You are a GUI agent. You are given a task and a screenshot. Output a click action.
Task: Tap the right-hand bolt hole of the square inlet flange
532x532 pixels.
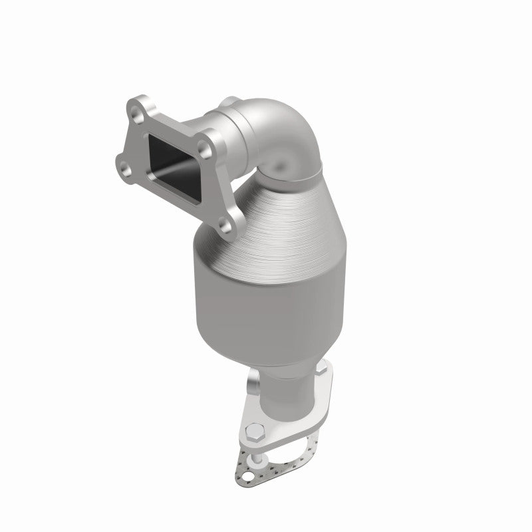click(214, 141)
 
